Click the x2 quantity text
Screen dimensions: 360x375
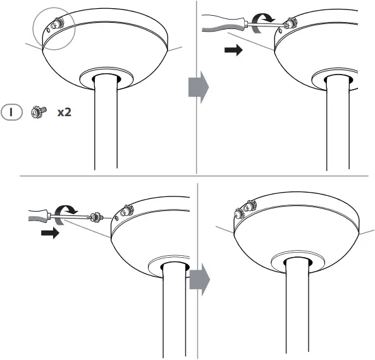tap(63, 112)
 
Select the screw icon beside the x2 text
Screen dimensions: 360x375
tap(37, 112)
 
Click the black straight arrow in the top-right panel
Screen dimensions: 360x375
tap(233, 51)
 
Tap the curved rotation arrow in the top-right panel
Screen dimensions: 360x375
tap(261, 23)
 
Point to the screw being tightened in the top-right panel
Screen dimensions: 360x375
tap(290, 23)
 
